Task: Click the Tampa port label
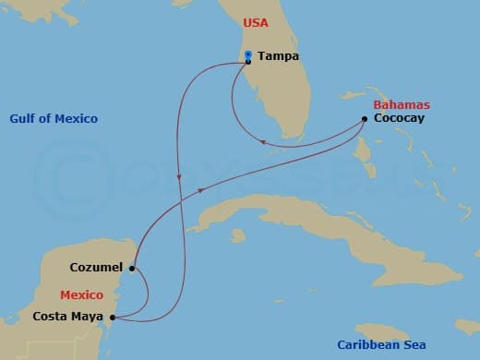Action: coord(279,56)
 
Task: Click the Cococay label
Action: coord(399,118)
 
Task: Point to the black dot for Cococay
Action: coord(366,118)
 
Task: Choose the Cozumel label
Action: coord(96,269)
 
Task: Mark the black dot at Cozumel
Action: coord(133,269)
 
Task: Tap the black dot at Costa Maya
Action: coord(113,318)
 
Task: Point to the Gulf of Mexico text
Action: coord(54,119)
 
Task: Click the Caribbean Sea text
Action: coord(381,344)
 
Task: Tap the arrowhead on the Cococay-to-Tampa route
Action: coord(264,142)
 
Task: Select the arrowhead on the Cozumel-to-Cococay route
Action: coord(201,191)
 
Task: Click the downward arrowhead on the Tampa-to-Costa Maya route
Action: coord(179,177)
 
